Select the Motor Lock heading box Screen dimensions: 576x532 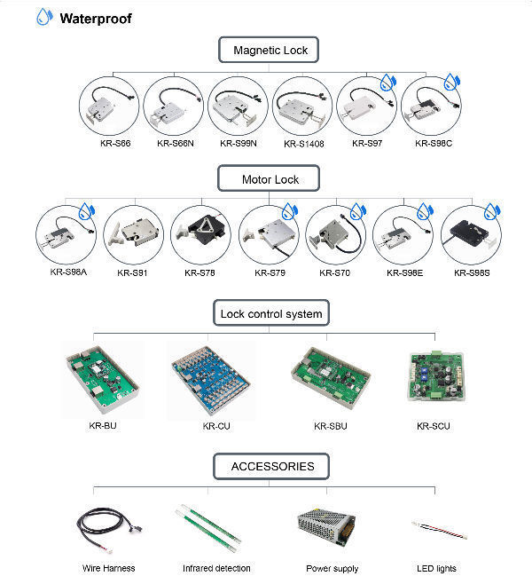[270, 179]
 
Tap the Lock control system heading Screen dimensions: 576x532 [270, 313]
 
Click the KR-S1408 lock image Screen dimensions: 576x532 [302, 107]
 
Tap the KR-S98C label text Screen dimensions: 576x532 [432, 143]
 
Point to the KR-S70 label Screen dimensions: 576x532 [336, 273]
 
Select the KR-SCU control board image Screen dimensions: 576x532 [434, 380]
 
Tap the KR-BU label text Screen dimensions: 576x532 [103, 427]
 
